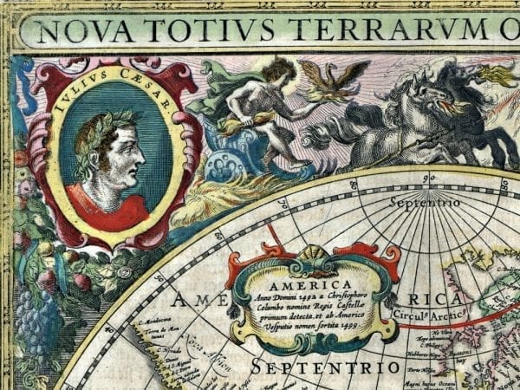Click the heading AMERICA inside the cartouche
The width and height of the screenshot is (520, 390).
coord(310,283)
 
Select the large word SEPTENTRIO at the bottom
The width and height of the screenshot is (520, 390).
coord(325,368)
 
